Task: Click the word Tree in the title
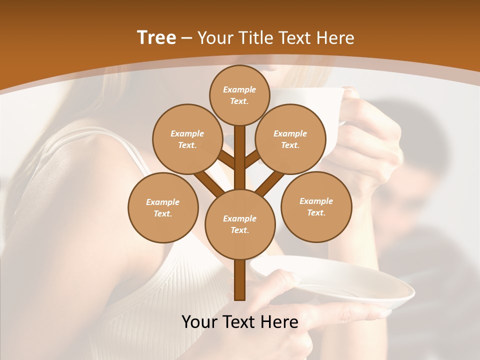pos(156,38)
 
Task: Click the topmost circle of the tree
pos(239,95)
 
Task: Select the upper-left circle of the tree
pos(187,139)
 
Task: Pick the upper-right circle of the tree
pos(290,139)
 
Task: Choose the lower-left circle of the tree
pos(163,207)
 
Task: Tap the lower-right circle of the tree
pos(316,206)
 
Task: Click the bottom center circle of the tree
pos(239,224)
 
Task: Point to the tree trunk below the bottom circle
pos(239,280)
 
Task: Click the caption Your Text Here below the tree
pos(239,322)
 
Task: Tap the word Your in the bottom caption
pos(200,322)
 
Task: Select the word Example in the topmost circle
pos(239,90)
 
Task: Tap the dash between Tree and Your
pos(187,38)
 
